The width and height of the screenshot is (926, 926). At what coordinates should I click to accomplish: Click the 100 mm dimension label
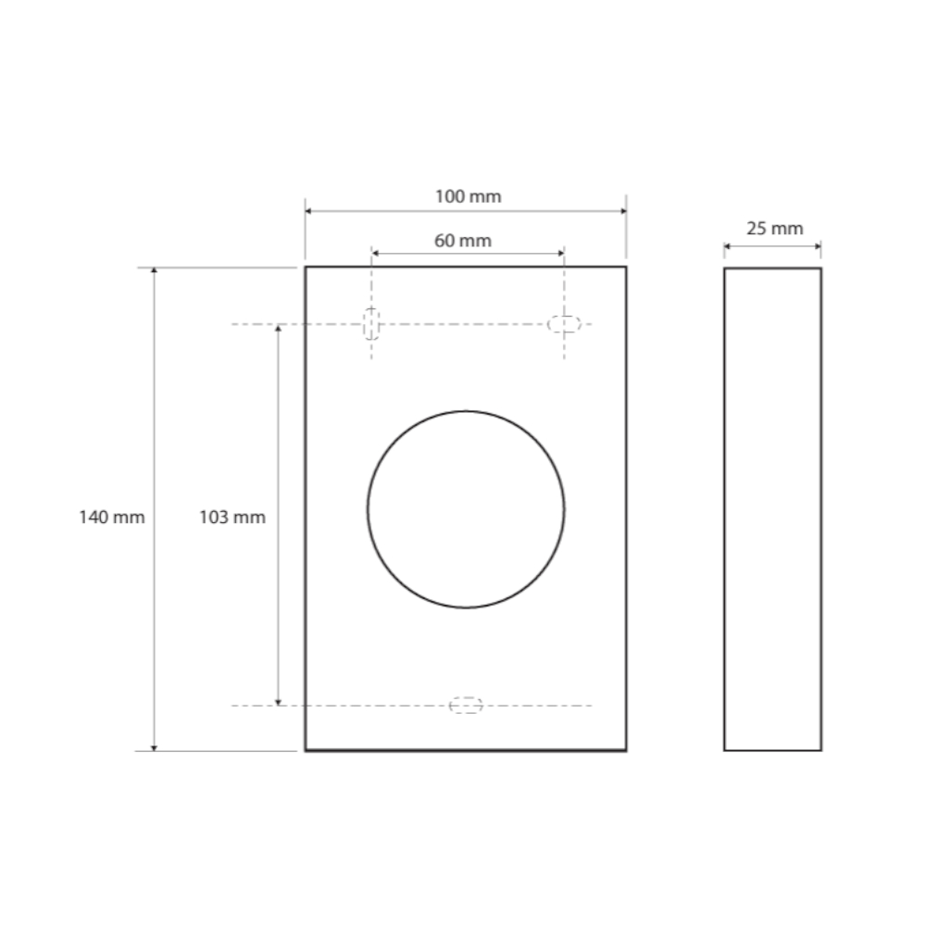[469, 196]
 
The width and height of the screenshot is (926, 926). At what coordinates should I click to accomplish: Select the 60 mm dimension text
[463, 241]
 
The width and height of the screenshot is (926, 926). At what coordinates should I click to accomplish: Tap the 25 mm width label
[775, 228]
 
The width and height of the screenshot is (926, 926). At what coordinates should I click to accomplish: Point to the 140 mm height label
[112, 518]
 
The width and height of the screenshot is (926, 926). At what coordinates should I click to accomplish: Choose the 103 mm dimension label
[232, 518]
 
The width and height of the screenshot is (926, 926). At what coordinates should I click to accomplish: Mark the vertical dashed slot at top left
[371, 324]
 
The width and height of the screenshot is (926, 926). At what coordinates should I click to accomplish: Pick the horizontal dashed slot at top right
[565, 324]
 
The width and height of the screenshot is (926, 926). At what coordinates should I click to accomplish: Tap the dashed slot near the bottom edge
[466, 705]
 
